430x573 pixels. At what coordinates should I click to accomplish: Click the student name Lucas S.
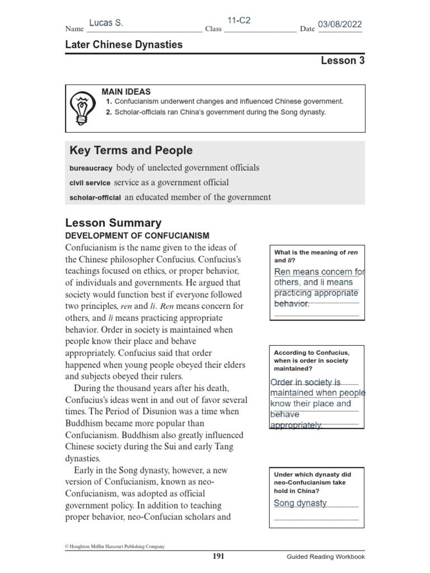click(106, 23)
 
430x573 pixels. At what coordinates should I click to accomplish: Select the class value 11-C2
click(239, 21)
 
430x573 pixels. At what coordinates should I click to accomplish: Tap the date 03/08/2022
click(340, 24)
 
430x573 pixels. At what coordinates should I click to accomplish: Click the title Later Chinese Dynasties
click(124, 44)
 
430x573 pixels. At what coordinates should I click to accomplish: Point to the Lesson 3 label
click(342, 60)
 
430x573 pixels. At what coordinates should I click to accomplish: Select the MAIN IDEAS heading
click(126, 91)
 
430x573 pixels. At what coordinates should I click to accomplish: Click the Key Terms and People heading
click(130, 150)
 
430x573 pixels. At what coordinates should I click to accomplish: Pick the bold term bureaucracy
click(91, 168)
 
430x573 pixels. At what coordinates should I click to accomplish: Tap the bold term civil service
click(90, 182)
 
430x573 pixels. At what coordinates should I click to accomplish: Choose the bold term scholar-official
click(95, 198)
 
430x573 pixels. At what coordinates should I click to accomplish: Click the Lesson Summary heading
click(113, 223)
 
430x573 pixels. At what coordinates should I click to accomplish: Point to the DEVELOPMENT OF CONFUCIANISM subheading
click(137, 236)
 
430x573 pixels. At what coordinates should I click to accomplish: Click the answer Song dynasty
click(300, 502)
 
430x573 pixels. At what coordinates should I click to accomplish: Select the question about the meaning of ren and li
click(316, 256)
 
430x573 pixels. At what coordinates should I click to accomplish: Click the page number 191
click(218, 556)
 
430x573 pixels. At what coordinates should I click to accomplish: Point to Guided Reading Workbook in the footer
click(325, 557)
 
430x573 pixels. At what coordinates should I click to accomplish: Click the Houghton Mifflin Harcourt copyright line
click(115, 546)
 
